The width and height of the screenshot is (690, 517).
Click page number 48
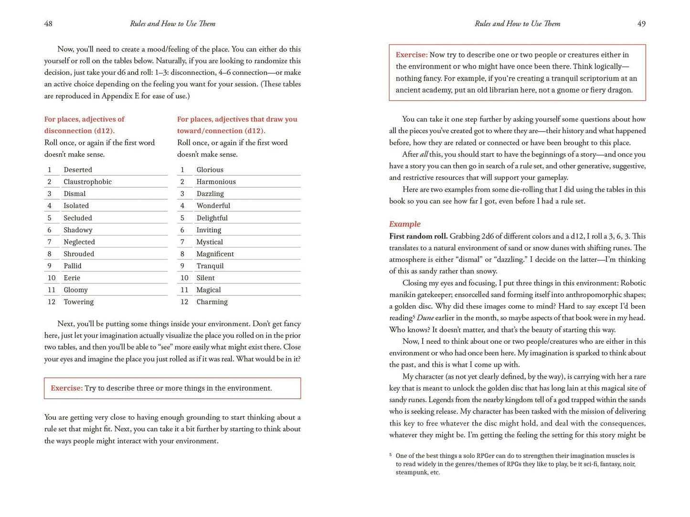point(48,24)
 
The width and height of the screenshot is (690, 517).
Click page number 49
point(641,24)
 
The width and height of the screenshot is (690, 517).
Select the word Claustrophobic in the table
point(87,182)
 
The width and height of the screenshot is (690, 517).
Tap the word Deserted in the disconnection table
point(78,170)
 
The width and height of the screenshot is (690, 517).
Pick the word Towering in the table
point(78,302)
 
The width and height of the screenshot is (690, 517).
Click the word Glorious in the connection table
point(210,170)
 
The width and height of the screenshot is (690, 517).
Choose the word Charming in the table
point(212,302)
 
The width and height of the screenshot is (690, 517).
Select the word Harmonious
point(216,182)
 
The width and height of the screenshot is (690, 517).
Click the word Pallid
point(73,266)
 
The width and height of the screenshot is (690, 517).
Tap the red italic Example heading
point(404,224)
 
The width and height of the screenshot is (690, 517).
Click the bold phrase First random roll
point(418,236)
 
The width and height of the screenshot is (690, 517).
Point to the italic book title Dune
point(425,318)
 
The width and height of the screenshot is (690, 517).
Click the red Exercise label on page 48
point(66,388)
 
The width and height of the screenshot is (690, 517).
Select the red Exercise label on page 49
point(411,55)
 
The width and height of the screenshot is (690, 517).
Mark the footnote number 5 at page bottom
point(391,455)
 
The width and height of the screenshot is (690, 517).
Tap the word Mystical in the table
point(210,242)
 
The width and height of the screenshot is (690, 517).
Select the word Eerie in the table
point(72,278)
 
